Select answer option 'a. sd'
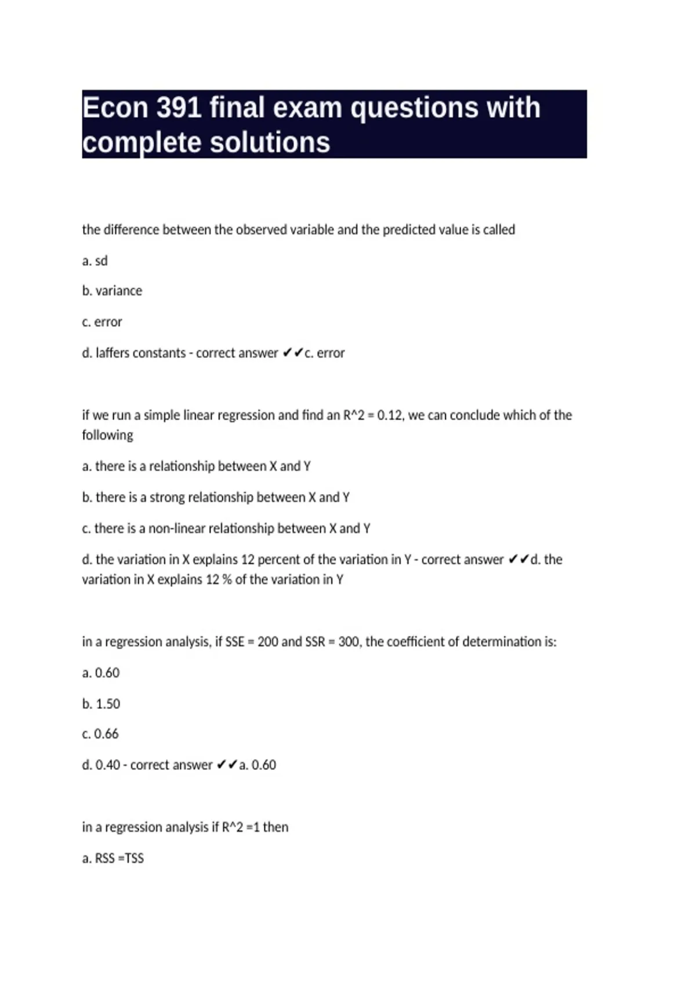95,261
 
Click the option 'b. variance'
112,291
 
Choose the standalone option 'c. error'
102,322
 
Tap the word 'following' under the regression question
107,435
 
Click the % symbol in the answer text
227,579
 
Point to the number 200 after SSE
267,642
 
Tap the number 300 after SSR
349,642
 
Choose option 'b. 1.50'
101,704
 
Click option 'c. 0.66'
100,734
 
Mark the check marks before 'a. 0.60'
227,765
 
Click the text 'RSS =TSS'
119,858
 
